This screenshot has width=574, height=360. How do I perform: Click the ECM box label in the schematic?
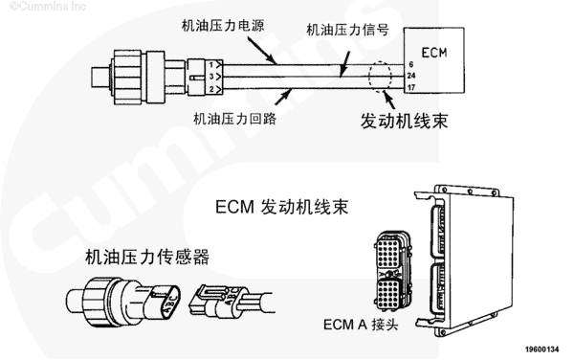(x=434, y=53)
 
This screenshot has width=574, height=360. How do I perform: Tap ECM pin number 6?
(x=411, y=64)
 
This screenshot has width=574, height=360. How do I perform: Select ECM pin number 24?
(x=411, y=76)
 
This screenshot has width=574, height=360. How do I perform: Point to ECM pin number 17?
(x=411, y=87)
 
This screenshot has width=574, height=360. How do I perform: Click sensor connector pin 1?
(x=210, y=65)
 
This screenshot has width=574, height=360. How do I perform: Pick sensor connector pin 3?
(x=211, y=77)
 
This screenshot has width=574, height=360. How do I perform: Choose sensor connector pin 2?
(x=211, y=89)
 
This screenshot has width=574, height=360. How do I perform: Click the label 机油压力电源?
(x=223, y=26)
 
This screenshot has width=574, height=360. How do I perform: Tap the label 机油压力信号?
(x=348, y=30)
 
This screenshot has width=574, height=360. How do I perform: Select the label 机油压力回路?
(x=234, y=119)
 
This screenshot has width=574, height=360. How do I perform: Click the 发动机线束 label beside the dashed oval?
(x=404, y=121)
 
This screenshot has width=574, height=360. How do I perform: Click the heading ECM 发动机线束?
(x=281, y=207)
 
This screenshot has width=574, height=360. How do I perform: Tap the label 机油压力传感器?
(x=147, y=257)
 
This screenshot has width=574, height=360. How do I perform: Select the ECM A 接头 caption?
(x=361, y=325)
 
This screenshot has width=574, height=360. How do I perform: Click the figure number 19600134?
(x=542, y=349)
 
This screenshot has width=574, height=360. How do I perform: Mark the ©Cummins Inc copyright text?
(x=48, y=6)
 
